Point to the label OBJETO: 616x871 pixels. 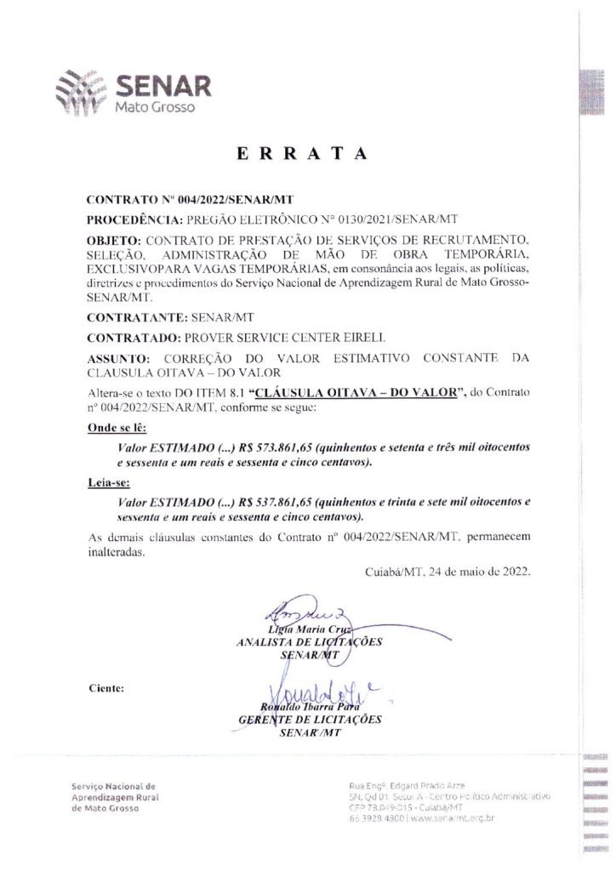117,242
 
